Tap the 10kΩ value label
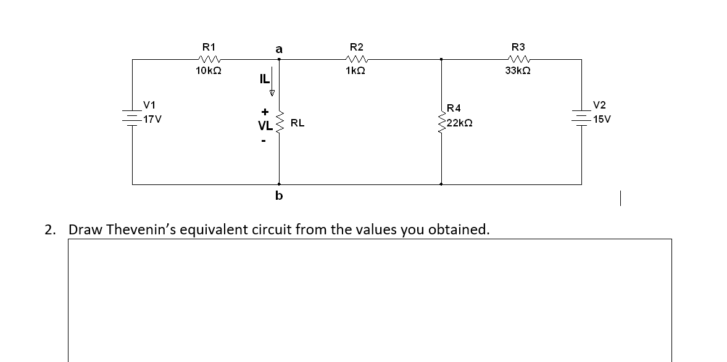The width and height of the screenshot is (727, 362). (x=209, y=72)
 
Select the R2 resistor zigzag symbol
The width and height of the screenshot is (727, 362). (x=356, y=60)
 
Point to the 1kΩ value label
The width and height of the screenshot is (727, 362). (x=356, y=72)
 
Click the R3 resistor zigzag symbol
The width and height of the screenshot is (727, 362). (x=518, y=60)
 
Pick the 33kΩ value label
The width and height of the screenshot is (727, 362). (x=518, y=72)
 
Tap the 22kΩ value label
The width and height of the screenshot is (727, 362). (x=459, y=123)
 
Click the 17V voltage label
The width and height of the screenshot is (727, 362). (x=151, y=118)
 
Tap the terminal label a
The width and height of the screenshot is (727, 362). (x=279, y=48)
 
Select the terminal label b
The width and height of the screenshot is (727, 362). (x=279, y=196)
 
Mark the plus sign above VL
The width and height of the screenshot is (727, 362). (x=264, y=112)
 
